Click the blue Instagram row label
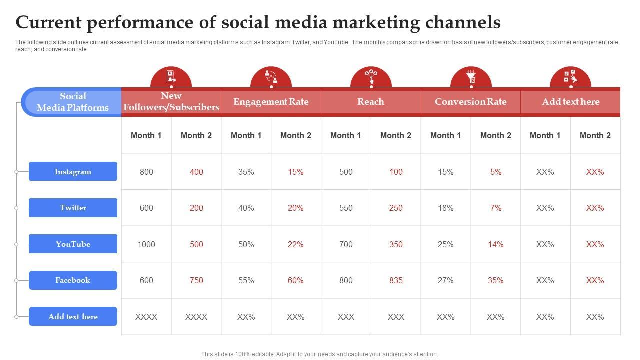[x=73, y=171]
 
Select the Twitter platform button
[x=73, y=208]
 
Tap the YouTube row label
[x=73, y=244]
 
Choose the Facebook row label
[x=73, y=280]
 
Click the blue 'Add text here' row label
[x=73, y=316]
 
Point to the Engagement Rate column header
[x=271, y=102]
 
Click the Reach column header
[x=371, y=102]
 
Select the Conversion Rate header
[x=470, y=102]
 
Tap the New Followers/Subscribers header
[x=171, y=102]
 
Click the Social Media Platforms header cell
[x=73, y=102]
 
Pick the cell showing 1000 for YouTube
[x=146, y=244]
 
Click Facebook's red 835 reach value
[x=396, y=280]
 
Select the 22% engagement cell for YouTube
[x=296, y=244]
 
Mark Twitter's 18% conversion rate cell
[x=445, y=208]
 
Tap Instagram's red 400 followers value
[x=196, y=172]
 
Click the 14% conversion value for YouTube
[x=495, y=244]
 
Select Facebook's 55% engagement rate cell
[x=246, y=280]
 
